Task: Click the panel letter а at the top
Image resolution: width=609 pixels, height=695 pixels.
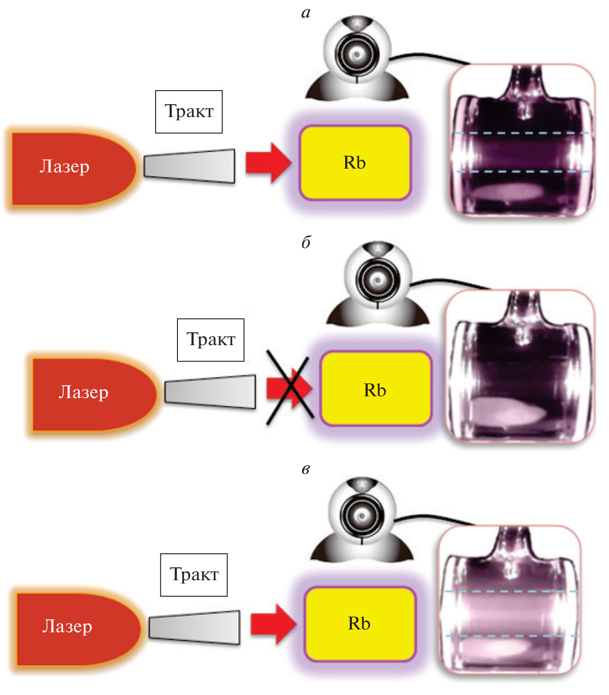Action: point(305,13)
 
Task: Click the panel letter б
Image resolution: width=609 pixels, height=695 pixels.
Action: point(306,243)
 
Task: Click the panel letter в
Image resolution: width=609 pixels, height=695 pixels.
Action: point(305,469)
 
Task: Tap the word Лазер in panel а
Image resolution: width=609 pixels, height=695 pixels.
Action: point(64,166)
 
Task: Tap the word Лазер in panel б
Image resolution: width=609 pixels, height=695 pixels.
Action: point(84,392)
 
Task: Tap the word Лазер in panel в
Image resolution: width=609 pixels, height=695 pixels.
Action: point(67,626)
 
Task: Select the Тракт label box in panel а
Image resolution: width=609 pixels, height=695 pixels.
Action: point(189,111)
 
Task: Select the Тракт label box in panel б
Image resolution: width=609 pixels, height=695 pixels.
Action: point(210,340)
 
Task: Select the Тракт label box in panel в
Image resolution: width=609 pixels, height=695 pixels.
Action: point(194,575)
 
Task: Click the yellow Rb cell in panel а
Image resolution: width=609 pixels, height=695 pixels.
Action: point(355,163)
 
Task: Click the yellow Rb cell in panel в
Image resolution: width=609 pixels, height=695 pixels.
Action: point(360,623)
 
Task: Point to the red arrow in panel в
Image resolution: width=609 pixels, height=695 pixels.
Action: point(273,624)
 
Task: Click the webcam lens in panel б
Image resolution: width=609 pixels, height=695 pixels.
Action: point(378,280)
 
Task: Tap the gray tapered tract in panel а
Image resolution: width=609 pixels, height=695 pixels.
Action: point(190,165)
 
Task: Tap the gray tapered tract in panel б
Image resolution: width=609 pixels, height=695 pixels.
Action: point(210,391)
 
